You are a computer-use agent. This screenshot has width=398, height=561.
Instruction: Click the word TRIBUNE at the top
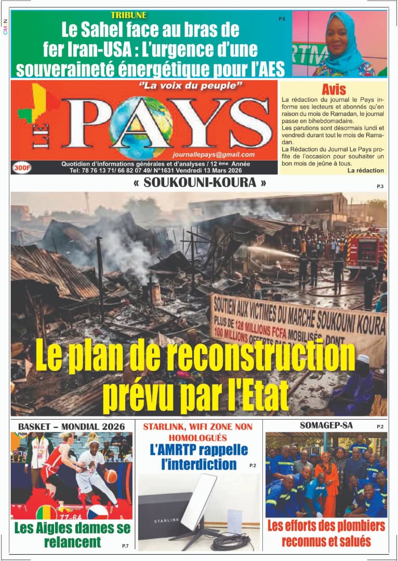[x=129, y=15]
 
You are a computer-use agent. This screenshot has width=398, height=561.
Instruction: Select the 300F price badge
[x=22, y=168]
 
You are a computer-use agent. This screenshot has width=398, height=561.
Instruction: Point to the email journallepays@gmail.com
[x=214, y=154]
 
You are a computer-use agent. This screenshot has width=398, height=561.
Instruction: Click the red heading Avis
[x=334, y=89]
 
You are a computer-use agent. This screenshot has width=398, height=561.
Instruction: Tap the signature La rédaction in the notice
[x=366, y=170]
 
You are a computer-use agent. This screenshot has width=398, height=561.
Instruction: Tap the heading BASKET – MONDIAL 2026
[x=72, y=426]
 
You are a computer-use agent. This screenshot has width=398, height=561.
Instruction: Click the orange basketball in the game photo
[x=111, y=475]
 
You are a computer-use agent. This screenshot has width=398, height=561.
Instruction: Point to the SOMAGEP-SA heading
[x=326, y=425]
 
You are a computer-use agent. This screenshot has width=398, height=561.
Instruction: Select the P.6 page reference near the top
[x=282, y=19]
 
